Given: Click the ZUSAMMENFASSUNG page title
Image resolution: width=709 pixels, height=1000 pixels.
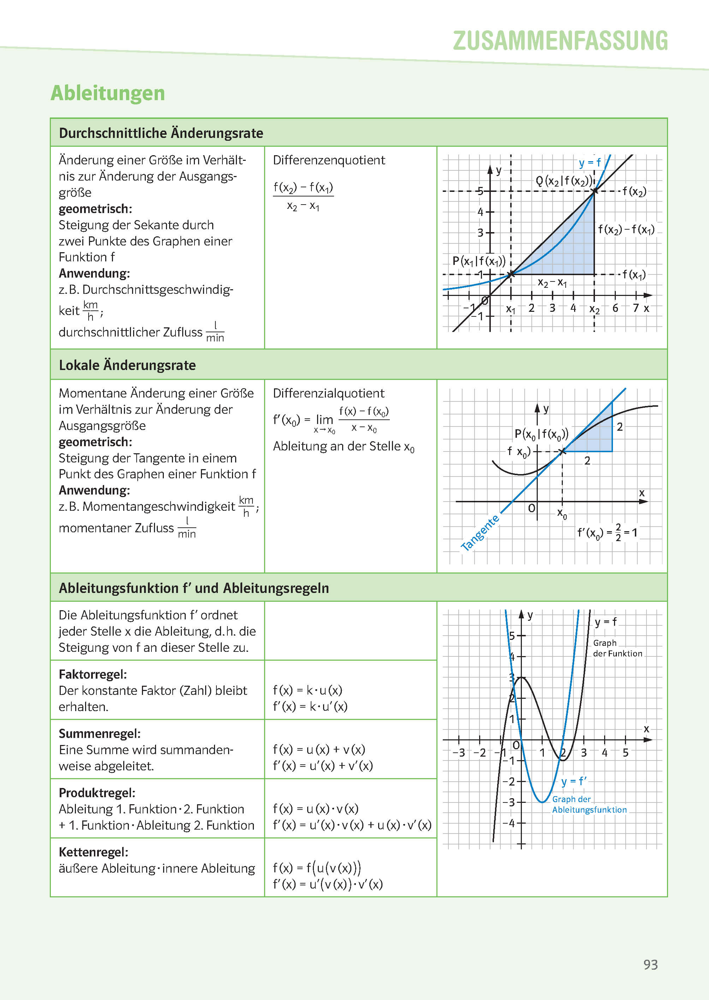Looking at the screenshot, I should [560, 41].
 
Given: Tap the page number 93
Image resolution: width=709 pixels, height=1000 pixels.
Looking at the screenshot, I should [650, 964].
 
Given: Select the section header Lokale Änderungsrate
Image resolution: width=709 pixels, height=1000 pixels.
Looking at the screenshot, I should [127, 365].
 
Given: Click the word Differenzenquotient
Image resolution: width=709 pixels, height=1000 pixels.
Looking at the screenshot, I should [329, 160].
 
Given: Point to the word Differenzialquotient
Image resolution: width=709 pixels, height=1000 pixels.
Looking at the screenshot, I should [328, 393].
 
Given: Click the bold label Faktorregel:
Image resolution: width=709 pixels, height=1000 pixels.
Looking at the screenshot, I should [93, 674].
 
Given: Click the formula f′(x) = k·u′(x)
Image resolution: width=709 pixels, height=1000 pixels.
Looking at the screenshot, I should [310, 707].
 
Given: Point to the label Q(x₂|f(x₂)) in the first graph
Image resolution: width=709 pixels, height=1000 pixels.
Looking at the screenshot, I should [564, 181].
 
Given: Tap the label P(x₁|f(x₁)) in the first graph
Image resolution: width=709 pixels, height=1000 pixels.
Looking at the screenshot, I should [478, 261].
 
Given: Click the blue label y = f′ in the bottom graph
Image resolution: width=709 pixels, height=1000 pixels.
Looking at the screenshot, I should [574, 781].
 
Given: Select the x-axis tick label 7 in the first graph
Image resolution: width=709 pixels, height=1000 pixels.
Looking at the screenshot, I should [636, 308].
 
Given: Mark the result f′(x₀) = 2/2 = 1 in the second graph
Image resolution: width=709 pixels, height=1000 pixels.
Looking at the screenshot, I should [607, 533].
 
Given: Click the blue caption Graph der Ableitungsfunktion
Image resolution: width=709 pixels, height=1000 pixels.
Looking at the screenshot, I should [589, 804].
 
